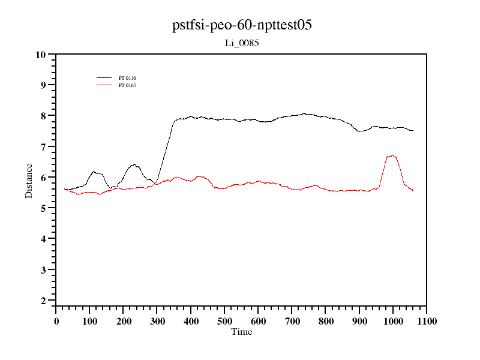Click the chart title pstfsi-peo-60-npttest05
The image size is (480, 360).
(241, 25)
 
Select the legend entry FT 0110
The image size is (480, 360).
(128, 78)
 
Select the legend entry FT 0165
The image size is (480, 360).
(128, 85)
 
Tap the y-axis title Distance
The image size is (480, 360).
(29, 181)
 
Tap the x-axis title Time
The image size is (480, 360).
(241, 332)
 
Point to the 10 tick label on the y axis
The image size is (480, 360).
(41, 55)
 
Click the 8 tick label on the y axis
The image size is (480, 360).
(43, 116)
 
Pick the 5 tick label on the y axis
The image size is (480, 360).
(43, 208)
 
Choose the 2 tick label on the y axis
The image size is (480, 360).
(43, 301)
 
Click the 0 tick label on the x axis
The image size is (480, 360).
(56, 321)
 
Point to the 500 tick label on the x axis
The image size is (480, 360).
(224, 321)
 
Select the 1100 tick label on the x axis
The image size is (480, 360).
(426, 321)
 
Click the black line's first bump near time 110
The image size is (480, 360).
(94, 172)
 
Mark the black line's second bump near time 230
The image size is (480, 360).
(134, 164)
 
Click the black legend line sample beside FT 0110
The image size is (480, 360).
(104, 78)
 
